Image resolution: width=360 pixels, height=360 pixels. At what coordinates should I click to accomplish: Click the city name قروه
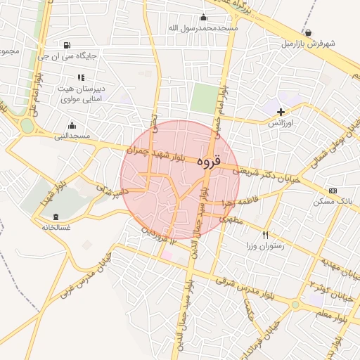pyautogui.click(x=208, y=161)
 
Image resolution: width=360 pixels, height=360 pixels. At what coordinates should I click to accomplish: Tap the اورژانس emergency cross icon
pyautogui.click(x=281, y=112)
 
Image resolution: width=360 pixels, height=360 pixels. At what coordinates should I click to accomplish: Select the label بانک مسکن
pyautogui.click(x=333, y=202)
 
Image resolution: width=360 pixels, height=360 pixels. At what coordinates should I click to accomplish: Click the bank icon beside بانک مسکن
pyautogui.click(x=333, y=191)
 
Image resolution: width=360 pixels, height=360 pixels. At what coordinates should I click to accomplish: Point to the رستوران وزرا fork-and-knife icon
pyautogui.click(x=265, y=235)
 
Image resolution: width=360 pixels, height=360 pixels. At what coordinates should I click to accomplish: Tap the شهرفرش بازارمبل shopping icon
pyautogui.click(x=308, y=32)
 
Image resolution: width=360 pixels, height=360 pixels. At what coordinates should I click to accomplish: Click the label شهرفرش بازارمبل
pyautogui.click(x=309, y=44)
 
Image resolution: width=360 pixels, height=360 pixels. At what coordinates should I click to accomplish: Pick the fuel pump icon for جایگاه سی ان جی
pyautogui.click(x=67, y=44)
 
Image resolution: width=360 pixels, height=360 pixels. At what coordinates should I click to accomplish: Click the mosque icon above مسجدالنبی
pyautogui.click(x=72, y=125)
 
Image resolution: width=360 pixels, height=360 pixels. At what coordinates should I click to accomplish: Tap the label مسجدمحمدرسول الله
pyautogui.click(x=203, y=28)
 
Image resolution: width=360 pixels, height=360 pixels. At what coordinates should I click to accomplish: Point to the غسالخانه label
pyautogui.click(x=56, y=227)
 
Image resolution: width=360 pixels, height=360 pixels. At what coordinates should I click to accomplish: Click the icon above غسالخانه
pyautogui.click(x=56, y=216)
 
